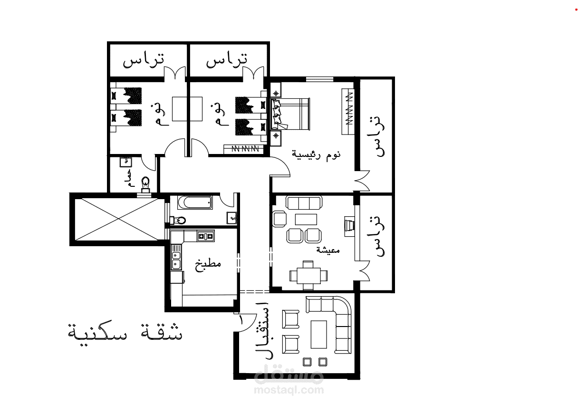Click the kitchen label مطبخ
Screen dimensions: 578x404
click(208, 264)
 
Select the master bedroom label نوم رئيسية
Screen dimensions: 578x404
click(317, 155)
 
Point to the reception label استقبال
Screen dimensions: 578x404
click(263, 330)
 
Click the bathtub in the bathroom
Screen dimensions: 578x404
click(195, 202)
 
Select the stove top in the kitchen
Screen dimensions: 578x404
click(206, 236)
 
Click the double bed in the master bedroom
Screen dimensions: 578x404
click(290, 114)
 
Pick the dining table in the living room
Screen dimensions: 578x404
click(308, 276)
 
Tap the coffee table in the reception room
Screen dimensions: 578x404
click(318, 335)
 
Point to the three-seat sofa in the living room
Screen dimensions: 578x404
click(304, 203)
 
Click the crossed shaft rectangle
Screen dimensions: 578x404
click(119, 219)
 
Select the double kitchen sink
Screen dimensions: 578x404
click(176, 260)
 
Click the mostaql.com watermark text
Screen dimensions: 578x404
click(289, 389)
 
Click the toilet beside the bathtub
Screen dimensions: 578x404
click(178, 221)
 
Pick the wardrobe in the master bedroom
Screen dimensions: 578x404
click(347, 111)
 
